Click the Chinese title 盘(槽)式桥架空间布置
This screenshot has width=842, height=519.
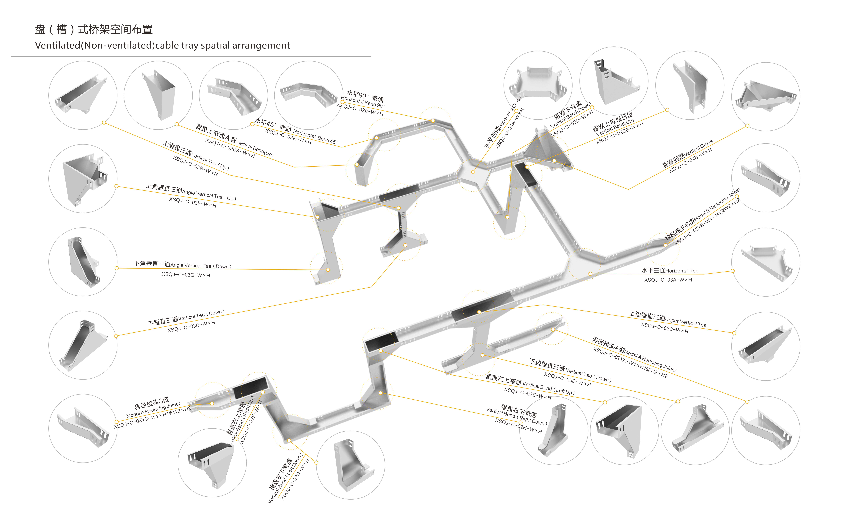[x=94, y=30]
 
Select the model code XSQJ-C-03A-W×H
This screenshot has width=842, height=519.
[x=668, y=280]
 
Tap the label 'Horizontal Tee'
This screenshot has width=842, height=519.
[x=682, y=271]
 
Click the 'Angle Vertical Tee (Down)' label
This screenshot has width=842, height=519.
[x=201, y=266]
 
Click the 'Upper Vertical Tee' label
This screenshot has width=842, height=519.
[x=686, y=322]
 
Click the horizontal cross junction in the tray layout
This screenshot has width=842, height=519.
[x=473, y=172]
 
